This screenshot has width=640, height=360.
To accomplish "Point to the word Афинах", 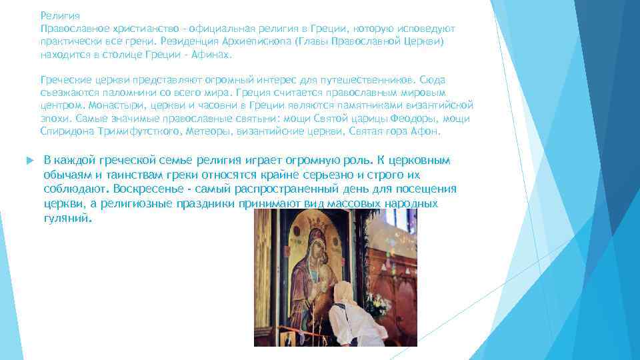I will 210,55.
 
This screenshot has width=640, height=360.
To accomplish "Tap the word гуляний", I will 65,218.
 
